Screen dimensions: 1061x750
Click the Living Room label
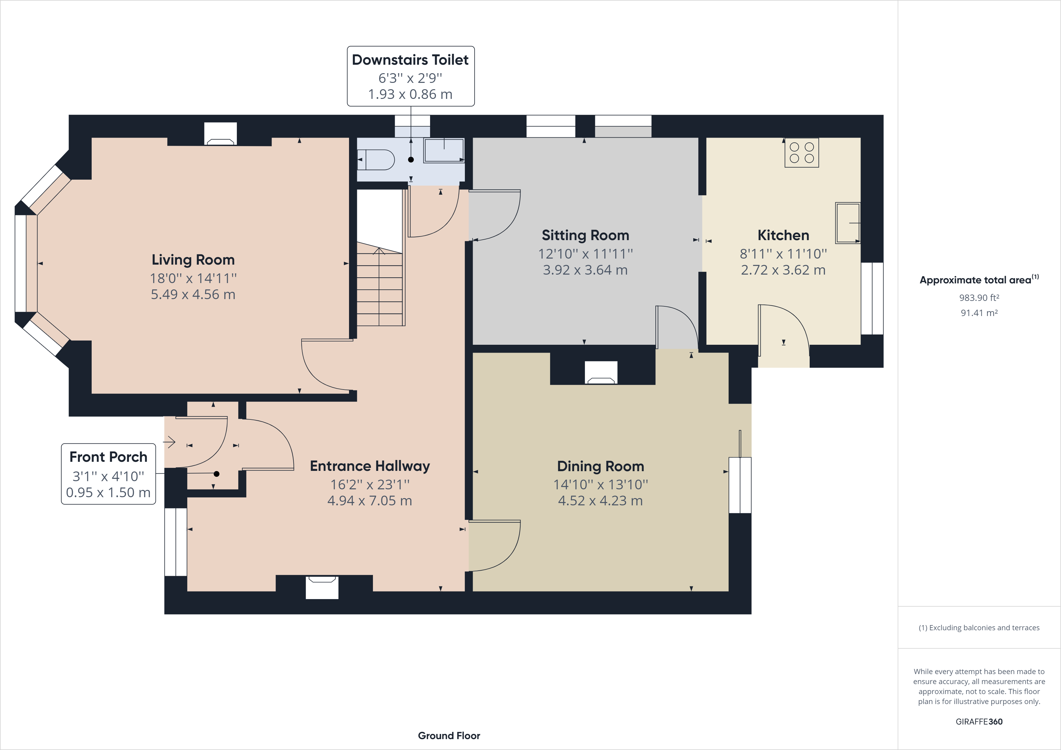point(193,260)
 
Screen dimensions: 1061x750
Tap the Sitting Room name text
point(586,235)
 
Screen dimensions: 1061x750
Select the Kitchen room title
point(783,235)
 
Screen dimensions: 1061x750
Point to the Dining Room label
point(600,466)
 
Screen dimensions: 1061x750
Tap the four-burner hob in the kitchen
point(802,152)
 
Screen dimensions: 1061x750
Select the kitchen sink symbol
point(847,223)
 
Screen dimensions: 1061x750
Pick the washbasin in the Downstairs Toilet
point(444,150)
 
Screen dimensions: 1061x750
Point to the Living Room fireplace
point(220,134)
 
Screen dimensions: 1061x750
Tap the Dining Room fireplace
point(601,373)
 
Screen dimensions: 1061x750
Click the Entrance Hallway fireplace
point(322,587)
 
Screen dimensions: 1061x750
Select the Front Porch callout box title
point(108,457)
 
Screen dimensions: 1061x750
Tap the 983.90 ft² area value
point(979,298)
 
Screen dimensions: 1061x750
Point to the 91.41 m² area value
point(979,313)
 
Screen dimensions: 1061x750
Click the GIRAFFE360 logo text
point(979,721)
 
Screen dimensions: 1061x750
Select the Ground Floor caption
point(449,736)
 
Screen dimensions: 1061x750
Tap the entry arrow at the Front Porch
point(170,442)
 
